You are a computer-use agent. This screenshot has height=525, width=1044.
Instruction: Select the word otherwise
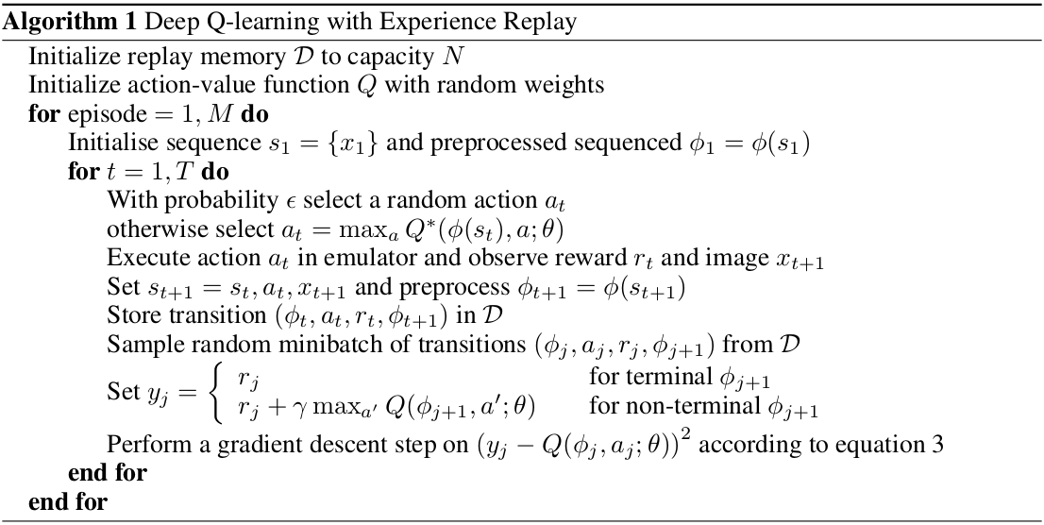tap(148, 230)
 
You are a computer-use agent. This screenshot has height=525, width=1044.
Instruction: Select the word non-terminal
tap(648, 408)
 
